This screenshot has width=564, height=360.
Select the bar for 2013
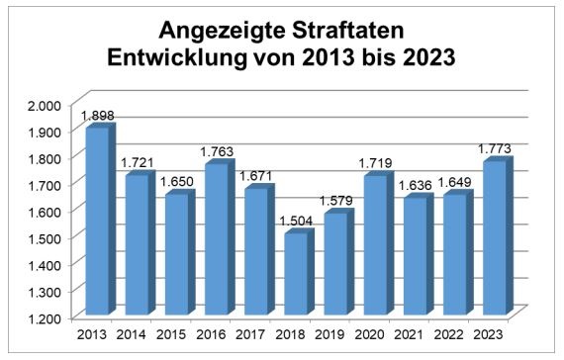pyautogui.click(x=101, y=219)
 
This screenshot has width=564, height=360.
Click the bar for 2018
pyautogui.click(x=299, y=272)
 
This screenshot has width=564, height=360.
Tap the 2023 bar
pyautogui.click(x=498, y=236)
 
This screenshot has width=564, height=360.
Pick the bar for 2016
pyautogui.click(x=220, y=237)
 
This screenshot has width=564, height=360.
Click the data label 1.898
pyautogui.click(x=98, y=116)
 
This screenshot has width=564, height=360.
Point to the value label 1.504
pyautogui.click(x=296, y=221)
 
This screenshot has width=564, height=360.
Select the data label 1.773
pyautogui.click(x=495, y=149)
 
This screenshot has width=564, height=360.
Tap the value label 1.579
pyautogui.click(x=336, y=201)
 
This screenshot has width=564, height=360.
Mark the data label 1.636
pyautogui.click(x=416, y=186)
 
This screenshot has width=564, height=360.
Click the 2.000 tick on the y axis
pyautogui.click(x=45, y=106)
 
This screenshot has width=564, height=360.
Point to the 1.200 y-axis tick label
pyautogui.click(x=45, y=318)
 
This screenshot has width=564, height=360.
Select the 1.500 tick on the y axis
pyautogui.click(x=45, y=238)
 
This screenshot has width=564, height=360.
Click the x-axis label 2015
pyautogui.click(x=171, y=335)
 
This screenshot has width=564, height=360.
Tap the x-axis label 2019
pyautogui.click(x=329, y=335)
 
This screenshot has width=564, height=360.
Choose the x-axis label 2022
pyautogui.click(x=449, y=335)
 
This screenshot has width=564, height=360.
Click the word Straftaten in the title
pyautogui.click(x=348, y=31)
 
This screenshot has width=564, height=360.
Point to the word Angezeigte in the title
pyautogui.click(x=223, y=32)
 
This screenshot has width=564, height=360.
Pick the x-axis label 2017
pyautogui.click(x=250, y=335)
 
